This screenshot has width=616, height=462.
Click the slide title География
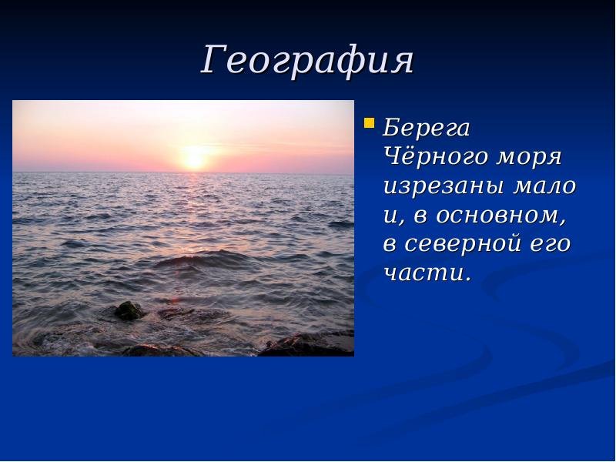click(x=306, y=62)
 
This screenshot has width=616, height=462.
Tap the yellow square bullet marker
click(x=369, y=123)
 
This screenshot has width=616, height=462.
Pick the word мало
click(x=544, y=186)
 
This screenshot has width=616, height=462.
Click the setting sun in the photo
click(x=195, y=158)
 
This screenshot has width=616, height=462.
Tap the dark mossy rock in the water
click(x=129, y=310)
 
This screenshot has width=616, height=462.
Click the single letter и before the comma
click(x=390, y=216)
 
